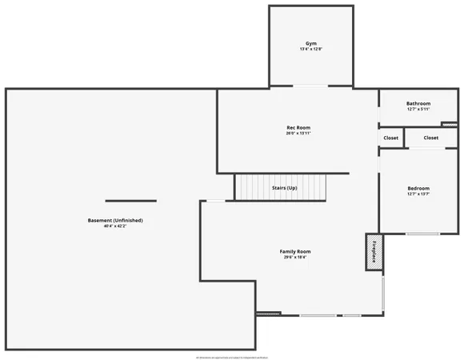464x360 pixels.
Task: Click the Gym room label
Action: tap(310, 43)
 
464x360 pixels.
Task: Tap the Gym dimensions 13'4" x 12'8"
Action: tap(310, 50)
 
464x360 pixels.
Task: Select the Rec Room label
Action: tap(298, 127)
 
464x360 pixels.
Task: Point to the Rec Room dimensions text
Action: tap(298, 134)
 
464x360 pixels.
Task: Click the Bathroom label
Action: tap(418, 103)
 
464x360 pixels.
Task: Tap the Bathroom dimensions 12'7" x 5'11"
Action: tap(418, 110)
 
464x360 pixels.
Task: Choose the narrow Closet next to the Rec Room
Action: tap(390, 138)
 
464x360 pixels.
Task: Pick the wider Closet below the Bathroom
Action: tap(430, 138)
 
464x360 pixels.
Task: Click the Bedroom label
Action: tap(418, 188)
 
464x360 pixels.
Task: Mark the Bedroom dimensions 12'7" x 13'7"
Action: tap(418, 194)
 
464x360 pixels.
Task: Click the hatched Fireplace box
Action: tap(374, 252)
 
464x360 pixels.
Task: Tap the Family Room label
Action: tap(294, 251)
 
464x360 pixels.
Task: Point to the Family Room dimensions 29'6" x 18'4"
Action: tap(294, 258)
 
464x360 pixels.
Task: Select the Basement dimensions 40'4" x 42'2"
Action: tap(115, 226)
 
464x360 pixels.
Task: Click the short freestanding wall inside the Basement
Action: tap(130, 201)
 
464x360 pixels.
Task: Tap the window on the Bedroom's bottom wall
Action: tap(422, 234)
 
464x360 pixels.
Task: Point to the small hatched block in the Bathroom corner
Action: tap(450, 124)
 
